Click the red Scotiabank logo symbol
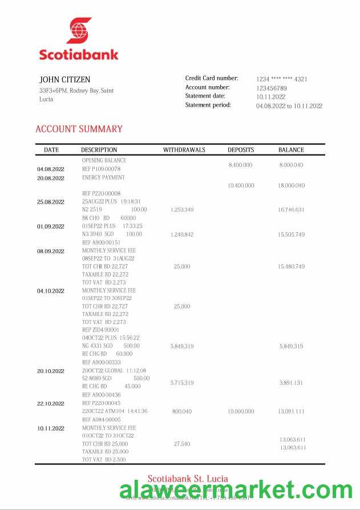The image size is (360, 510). point(79,30)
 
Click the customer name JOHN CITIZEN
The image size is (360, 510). point(64,80)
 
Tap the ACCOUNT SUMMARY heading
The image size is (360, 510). point(79,129)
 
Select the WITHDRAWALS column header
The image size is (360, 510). point(184,150)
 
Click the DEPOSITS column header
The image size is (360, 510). point(241,150)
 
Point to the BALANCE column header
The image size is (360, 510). point(291,150)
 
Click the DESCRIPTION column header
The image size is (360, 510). point(99,150)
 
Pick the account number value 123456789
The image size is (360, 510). point(272,88)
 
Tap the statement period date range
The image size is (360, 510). point(289,106)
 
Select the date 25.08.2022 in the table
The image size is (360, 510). point(51,202)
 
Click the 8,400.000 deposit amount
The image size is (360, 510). point(240,165)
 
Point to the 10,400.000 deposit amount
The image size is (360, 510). point(241,185)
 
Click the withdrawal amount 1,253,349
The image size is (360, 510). point(182,210)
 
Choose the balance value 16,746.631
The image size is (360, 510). point(291,210)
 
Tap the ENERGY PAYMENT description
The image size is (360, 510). point(103,177)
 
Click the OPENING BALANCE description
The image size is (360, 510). point(104,160)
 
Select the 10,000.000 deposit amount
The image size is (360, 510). point(241,411)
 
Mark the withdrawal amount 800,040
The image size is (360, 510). point(182,411)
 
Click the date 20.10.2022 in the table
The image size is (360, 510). point(51,371)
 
